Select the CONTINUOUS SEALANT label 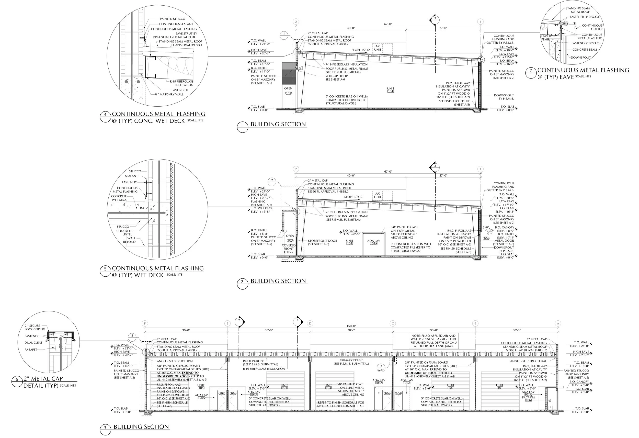(x=176, y=24)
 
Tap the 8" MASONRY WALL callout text (x=169, y=94)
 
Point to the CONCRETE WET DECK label (x=119, y=198)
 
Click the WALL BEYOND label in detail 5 (x=129, y=240)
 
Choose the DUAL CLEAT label (x=33, y=343)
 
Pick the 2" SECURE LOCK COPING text (x=35, y=327)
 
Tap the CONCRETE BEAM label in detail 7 (x=585, y=50)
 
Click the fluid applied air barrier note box (x=433, y=341)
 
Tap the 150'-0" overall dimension (x=351, y=326)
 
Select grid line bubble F (x=145, y=323)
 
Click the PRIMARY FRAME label (x=351, y=362)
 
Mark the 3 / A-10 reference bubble (x=381, y=368)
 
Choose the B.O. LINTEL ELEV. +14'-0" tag (x=258, y=70)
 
